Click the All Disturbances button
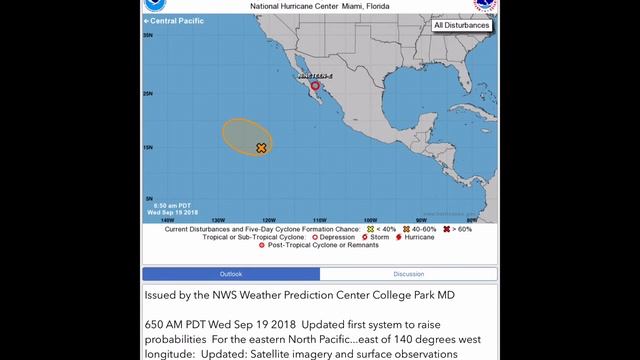461,26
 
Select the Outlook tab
231,273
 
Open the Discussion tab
408,273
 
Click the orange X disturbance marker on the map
261,148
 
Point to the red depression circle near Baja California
315,86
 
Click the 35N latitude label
149,35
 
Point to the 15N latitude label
149,147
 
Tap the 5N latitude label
149,199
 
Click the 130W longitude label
218,219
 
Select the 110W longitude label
319,219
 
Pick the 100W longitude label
369,219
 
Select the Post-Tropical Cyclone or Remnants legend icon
263,245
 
